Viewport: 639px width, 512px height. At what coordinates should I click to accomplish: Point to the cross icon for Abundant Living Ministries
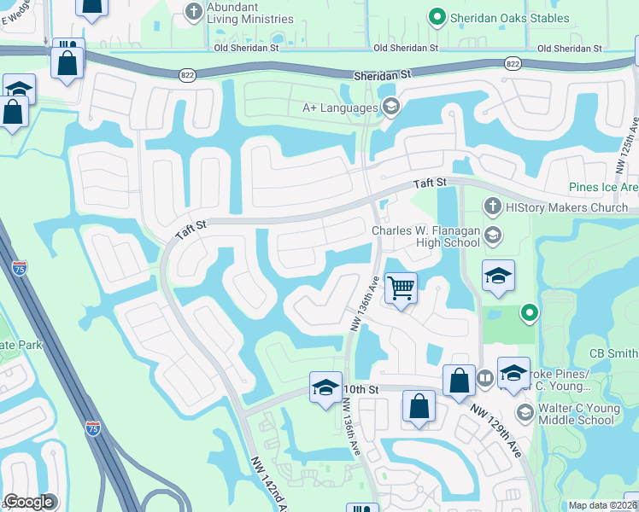coord(193,11)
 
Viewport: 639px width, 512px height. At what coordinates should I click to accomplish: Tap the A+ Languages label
coord(340,108)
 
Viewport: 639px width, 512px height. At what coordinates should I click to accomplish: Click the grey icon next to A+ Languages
coord(391,107)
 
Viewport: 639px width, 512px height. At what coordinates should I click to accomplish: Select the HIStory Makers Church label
coord(567,207)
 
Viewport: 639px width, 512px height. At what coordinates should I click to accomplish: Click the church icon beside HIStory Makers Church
coord(492,206)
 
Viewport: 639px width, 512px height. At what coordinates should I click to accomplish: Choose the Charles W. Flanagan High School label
coord(425,236)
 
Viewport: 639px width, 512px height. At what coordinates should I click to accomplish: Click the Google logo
coord(29,502)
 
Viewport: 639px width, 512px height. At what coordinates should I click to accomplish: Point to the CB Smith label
coord(613,353)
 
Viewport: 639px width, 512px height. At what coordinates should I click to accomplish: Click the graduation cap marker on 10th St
coord(325,388)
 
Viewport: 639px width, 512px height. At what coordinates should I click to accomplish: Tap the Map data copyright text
coord(602,505)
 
